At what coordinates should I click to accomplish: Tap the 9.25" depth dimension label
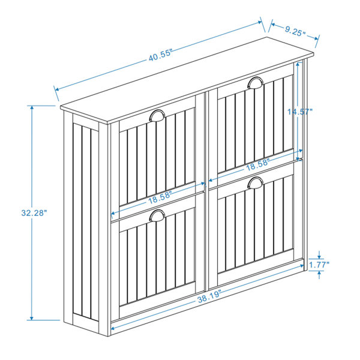click(295, 31)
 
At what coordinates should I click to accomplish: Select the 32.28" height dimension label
click(34, 213)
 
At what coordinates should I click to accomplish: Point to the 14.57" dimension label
click(300, 112)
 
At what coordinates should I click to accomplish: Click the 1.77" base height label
click(319, 265)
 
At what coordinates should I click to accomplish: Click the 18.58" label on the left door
click(160, 197)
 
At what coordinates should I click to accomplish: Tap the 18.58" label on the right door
click(257, 164)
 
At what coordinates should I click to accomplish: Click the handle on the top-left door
click(157, 115)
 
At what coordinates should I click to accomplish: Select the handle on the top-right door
click(256, 83)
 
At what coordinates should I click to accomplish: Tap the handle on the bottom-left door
click(157, 215)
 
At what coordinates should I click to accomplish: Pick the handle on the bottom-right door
click(256, 182)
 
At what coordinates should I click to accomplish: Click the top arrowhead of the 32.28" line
click(32, 108)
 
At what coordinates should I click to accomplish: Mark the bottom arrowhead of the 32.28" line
click(32, 318)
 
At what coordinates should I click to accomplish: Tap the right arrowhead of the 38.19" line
click(302, 266)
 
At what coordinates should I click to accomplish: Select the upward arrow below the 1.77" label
click(319, 275)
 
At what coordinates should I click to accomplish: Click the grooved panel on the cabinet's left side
click(85, 221)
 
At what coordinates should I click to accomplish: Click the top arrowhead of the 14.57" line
click(298, 65)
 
